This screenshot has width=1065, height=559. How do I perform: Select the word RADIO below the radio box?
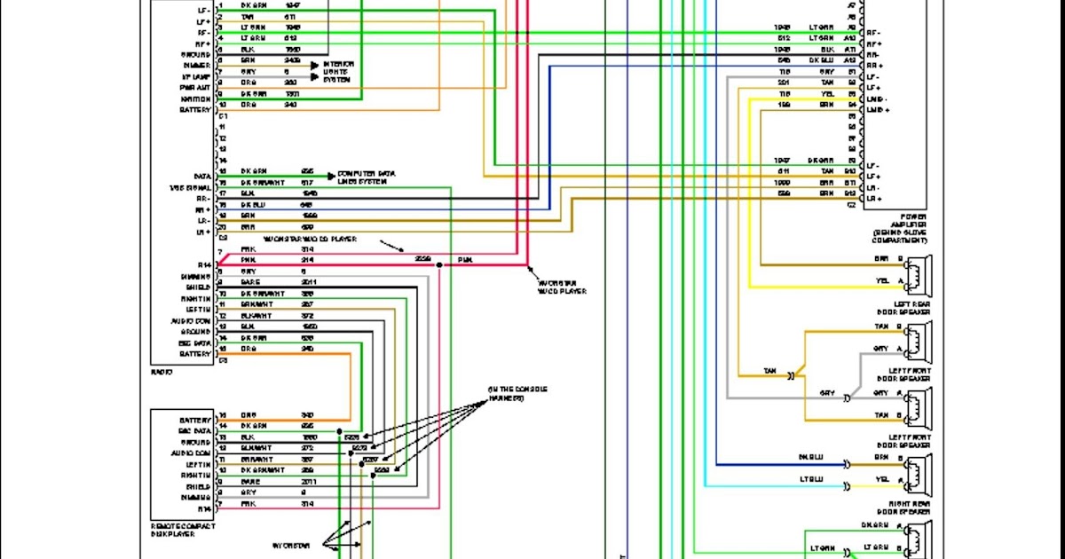click(162, 373)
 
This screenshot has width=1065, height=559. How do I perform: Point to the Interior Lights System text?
click(338, 71)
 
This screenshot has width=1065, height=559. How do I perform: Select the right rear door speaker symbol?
click(919, 471)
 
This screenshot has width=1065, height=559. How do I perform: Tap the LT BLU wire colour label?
click(811, 479)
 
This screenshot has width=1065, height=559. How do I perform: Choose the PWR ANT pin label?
click(193, 88)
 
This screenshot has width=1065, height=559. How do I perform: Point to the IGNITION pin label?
click(195, 98)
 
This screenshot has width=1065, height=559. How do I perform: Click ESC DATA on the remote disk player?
click(195, 430)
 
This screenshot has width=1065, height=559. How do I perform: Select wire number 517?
click(306, 183)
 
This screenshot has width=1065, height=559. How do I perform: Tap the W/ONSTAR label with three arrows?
click(289, 544)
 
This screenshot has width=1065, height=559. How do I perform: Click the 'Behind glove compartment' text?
click(901, 235)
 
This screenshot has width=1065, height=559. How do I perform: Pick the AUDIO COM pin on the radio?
click(191, 320)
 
